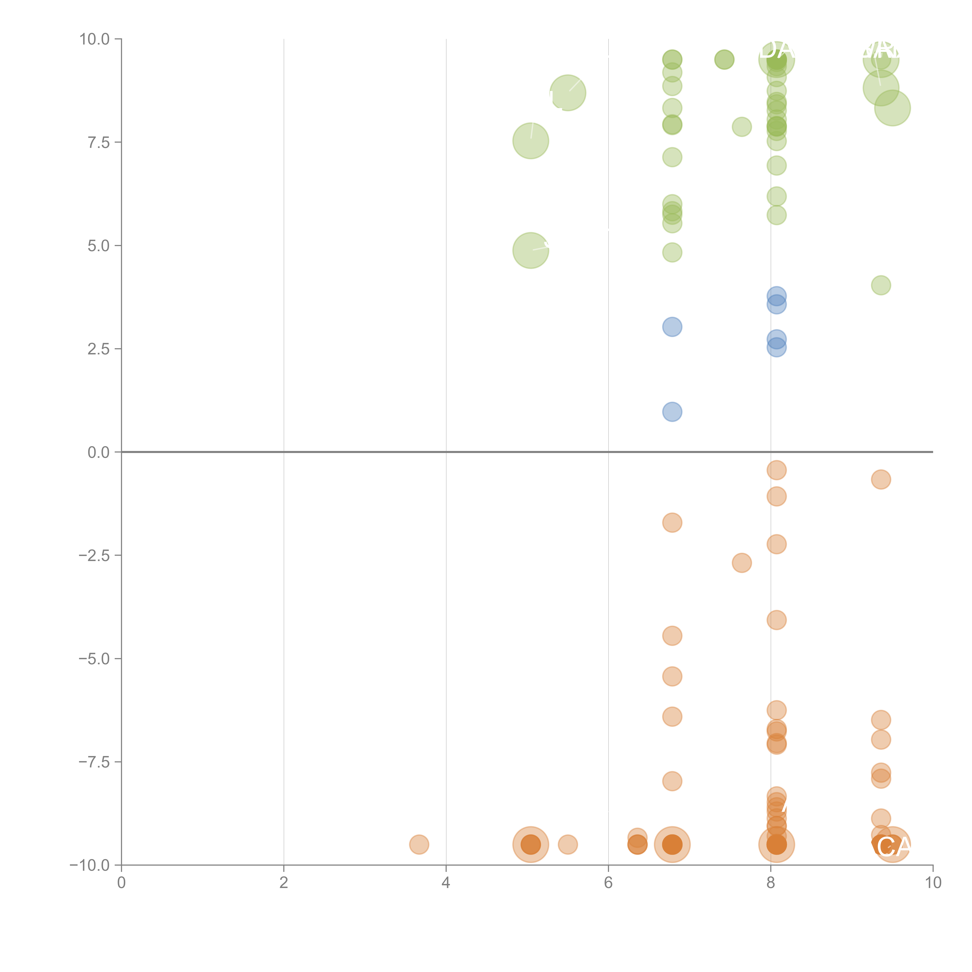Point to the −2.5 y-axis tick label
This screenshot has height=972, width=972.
coord(94,555)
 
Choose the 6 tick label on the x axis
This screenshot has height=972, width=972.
coord(608,883)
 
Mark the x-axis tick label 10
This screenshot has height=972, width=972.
coord(933,883)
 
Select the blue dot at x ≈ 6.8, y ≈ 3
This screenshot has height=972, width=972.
coord(672,327)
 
